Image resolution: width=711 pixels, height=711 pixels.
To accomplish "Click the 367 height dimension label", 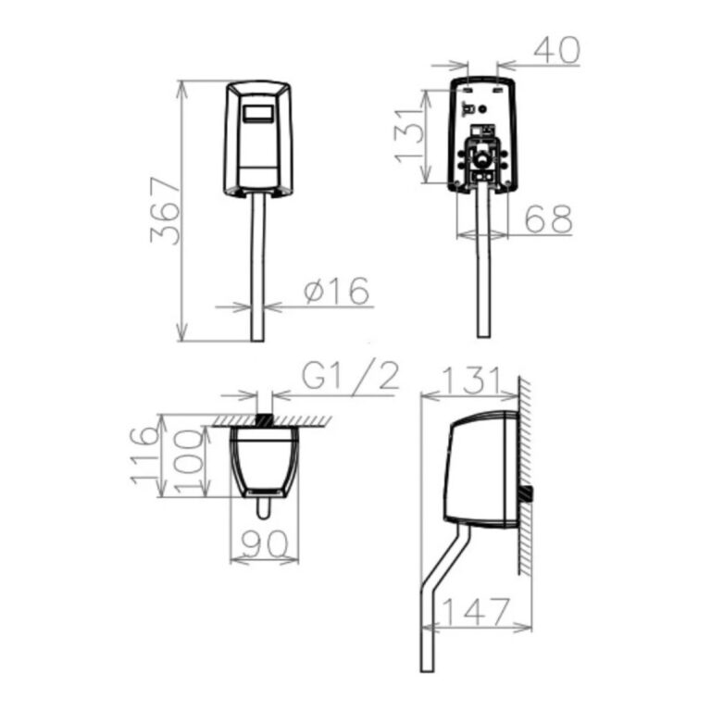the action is pos(165,211).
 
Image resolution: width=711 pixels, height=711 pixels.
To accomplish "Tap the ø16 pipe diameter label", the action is pos(337,291).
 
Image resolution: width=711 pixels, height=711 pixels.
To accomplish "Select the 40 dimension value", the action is pos(556,50).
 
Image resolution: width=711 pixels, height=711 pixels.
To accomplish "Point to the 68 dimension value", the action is pos(549,219).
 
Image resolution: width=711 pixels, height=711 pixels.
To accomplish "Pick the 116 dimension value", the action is pos(145,455).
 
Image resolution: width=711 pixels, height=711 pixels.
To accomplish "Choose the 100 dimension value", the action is pos(189,462).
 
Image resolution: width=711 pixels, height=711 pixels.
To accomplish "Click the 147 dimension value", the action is pos(475,612).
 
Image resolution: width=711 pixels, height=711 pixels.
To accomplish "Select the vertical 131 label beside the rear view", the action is pos(409,135).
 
